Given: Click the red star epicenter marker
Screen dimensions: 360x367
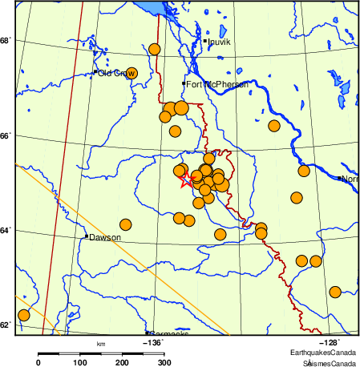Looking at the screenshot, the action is (186, 180).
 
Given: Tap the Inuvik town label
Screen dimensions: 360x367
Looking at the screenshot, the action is (219, 41).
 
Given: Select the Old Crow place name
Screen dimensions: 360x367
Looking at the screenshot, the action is (115, 73).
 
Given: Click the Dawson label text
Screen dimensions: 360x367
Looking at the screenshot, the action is (105, 237).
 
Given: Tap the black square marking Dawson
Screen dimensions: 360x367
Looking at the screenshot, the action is (86, 236).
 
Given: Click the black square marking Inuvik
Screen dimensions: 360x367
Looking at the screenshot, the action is (205, 40).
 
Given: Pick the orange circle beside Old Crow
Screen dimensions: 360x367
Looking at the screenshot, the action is (131, 73).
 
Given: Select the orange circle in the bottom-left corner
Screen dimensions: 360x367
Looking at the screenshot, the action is (23, 315).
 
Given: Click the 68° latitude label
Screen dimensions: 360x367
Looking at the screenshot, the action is (6, 40).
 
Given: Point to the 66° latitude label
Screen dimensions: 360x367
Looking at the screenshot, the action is (6, 135).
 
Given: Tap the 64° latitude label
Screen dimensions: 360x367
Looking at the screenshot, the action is (6, 231).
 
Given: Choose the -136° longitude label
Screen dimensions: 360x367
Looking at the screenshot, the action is (152, 342).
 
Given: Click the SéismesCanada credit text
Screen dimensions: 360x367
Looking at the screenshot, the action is (324, 363).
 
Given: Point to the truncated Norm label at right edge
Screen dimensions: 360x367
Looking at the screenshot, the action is (350, 179).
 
